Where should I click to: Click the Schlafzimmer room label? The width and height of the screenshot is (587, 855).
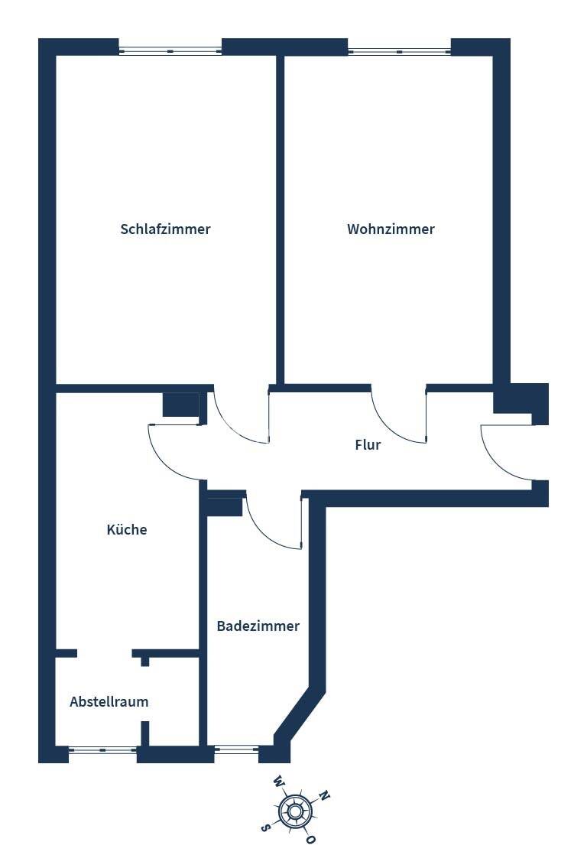tap(165, 229)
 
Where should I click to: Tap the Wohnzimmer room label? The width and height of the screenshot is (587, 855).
tap(391, 229)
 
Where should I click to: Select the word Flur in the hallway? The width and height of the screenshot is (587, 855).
tap(368, 444)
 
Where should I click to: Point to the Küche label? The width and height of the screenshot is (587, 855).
tap(127, 529)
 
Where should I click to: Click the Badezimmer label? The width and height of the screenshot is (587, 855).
tap(258, 626)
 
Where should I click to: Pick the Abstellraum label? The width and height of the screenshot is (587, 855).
tap(109, 701)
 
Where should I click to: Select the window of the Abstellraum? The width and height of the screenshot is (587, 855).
tap(102, 750)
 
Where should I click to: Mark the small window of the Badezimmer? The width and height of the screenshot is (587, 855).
tap(236, 750)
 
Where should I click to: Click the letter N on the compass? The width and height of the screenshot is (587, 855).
tap(324, 796)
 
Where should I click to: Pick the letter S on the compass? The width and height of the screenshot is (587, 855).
tap(265, 827)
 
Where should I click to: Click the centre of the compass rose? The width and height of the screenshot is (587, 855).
tap(295, 811)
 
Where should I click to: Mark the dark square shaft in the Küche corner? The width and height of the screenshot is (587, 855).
tap(181, 405)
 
